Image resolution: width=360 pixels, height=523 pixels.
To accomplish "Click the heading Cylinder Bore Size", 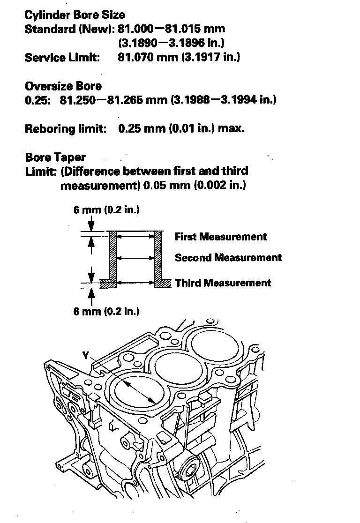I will [75, 15].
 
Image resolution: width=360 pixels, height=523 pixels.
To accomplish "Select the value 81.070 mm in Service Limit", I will [140, 58].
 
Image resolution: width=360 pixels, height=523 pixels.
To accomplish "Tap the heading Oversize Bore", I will [63, 86].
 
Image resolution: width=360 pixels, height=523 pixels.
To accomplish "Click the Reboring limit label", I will [66, 128].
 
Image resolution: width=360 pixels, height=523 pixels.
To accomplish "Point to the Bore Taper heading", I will [55, 157].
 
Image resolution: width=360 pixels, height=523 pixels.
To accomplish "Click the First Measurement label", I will [220, 237].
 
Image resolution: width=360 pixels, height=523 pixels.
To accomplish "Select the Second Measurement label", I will [228, 257].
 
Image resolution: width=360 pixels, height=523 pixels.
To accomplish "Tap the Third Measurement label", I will [223, 283].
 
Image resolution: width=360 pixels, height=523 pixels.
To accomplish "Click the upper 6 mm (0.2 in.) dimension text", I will [106, 209].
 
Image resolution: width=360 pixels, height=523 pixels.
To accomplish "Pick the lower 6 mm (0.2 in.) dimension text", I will [106, 311].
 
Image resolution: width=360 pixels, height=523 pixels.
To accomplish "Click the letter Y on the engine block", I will [85, 356].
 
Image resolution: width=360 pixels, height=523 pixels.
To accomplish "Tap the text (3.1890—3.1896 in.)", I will [171, 43].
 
